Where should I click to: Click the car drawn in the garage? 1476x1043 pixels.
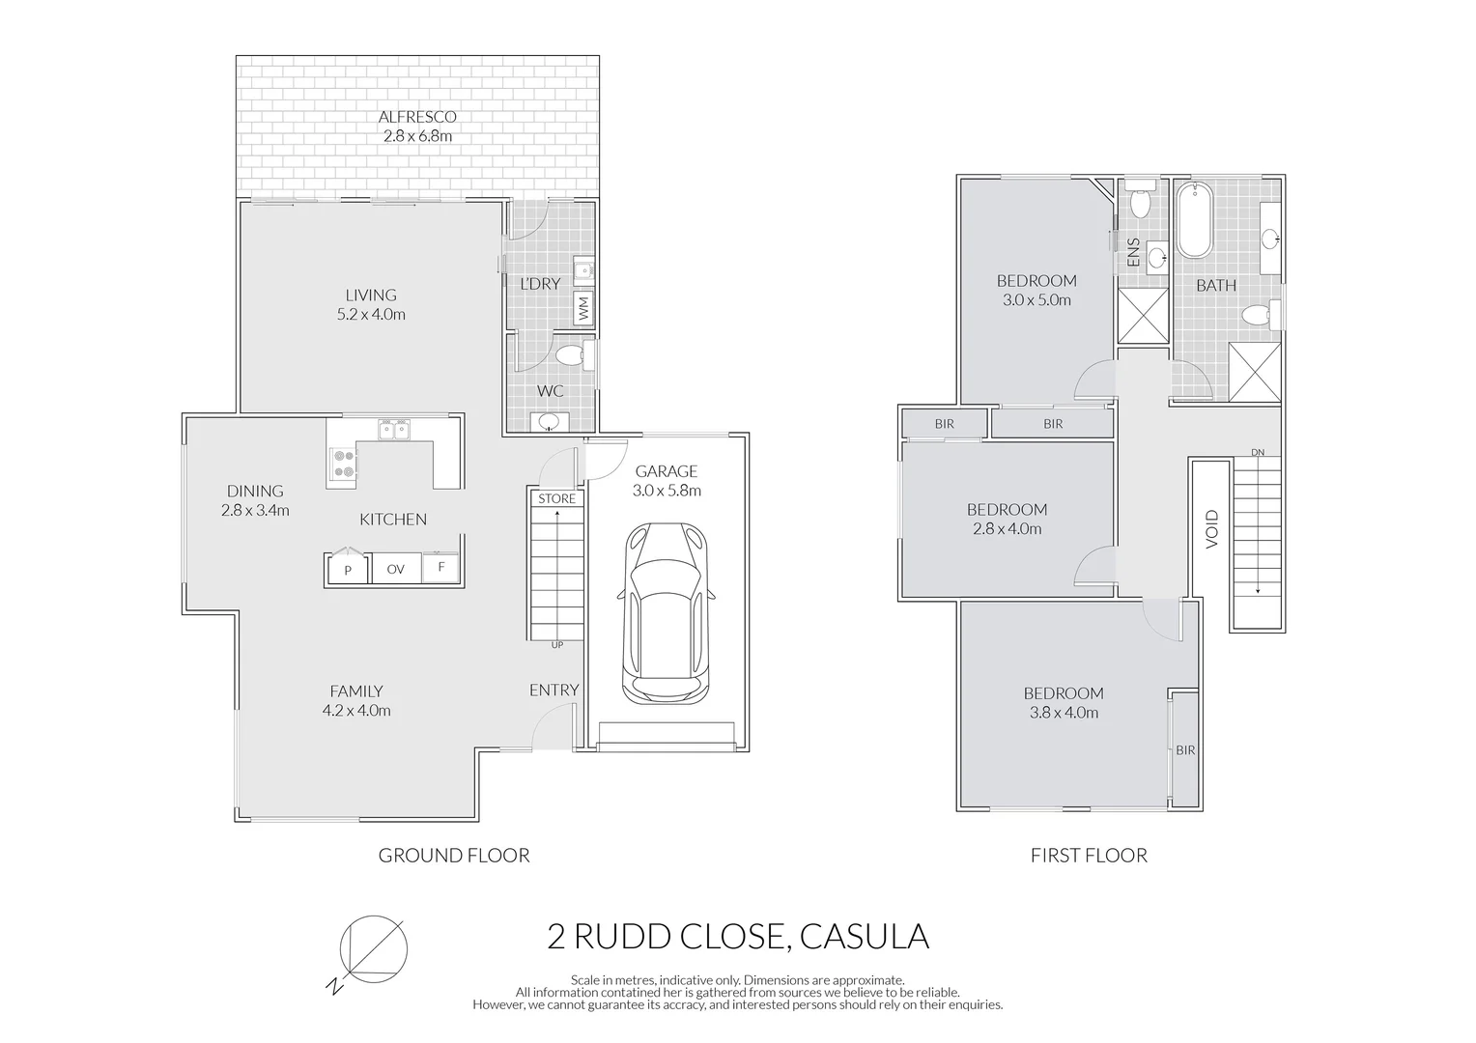pos(667,614)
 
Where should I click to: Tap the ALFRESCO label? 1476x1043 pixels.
pos(417,117)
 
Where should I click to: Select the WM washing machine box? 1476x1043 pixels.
pos(583,309)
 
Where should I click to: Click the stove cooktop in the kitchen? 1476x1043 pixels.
pos(343,464)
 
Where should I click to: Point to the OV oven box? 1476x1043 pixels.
pos(395,569)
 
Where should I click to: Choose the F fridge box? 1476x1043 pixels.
pos(441,567)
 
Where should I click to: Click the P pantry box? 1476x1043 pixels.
pos(347,570)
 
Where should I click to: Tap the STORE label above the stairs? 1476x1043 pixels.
pos(556,498)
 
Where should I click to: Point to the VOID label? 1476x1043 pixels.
pos(1212,529)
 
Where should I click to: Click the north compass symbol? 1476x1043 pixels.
pos(373,948)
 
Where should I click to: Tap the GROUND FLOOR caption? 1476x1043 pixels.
pos(453,855)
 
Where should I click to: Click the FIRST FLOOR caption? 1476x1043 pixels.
pos(1089,855)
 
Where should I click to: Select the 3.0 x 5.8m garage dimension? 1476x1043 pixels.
pos(667,491)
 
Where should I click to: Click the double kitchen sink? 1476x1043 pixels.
pos(393,428)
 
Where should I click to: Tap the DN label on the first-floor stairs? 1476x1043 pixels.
pos(1257,452)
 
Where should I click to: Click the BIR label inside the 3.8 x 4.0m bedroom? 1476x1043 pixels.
pos(1185,750)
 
